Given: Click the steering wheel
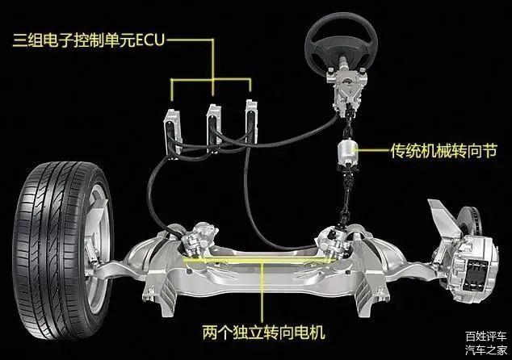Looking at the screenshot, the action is (x=342, y=31).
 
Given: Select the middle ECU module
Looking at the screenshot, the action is (x=214, y=128).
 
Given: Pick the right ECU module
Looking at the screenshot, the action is (x=251, y=121).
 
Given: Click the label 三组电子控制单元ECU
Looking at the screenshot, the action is (x=89, y=40).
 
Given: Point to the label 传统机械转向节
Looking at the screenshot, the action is (x=443, y=150).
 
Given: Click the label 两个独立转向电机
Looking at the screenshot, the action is (x=263, y=332).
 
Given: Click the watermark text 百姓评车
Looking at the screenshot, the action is (x=486, y=336).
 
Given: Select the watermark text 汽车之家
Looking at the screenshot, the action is (x=486, y=350).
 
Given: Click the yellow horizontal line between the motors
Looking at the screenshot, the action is (x=258, y=260).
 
